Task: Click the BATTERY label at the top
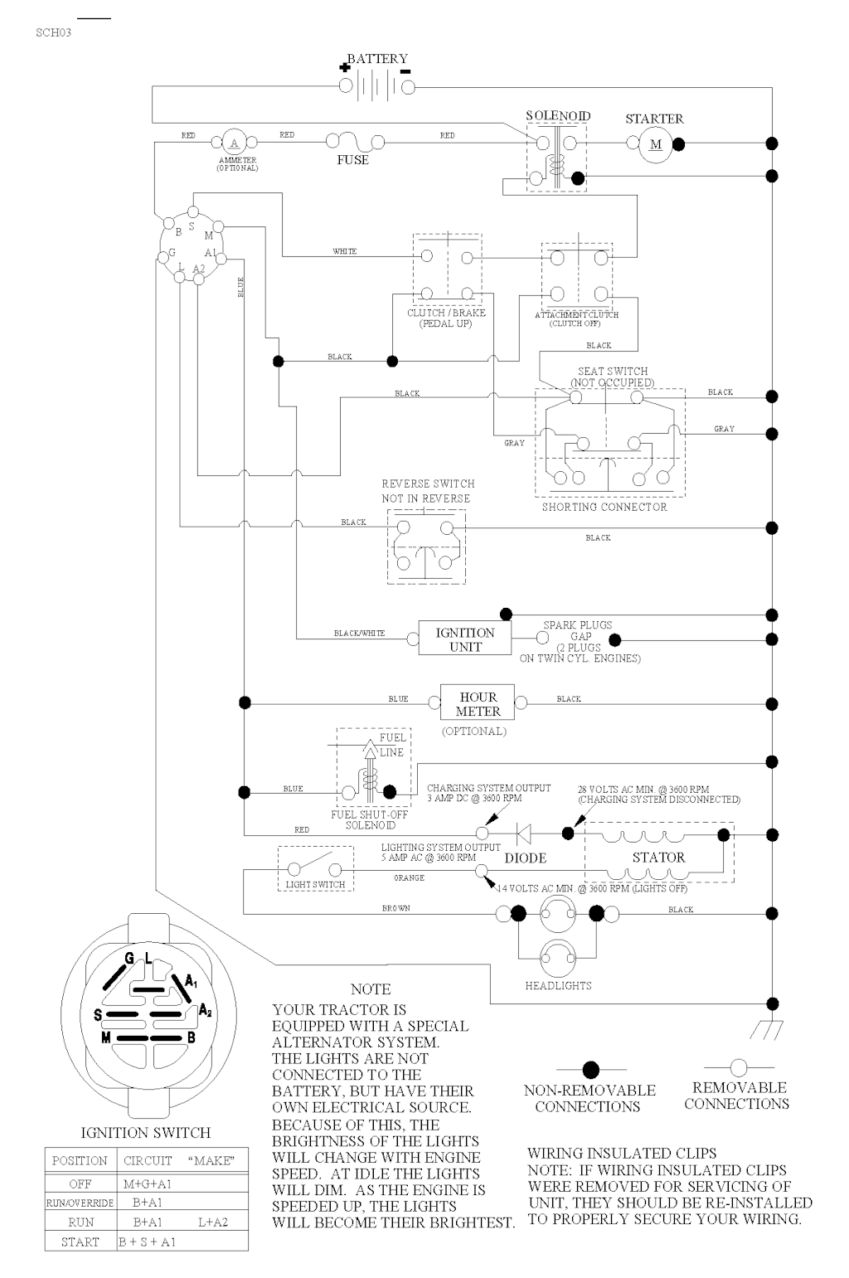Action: [377, 59]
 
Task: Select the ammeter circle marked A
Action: [235, 143]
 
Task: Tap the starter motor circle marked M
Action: [655, 144]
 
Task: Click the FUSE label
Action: [352, 159]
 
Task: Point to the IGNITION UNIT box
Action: [464, 639]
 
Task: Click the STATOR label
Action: [658, 858]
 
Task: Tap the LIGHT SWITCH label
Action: [315, 885]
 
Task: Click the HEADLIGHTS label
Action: [558, 986]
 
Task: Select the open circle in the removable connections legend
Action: [738, 1067]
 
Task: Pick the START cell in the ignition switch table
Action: [80, 1242]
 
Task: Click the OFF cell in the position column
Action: [80, 1184]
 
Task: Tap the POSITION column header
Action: [80, 1161]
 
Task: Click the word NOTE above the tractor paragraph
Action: [371, 989]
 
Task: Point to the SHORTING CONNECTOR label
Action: [604, 507]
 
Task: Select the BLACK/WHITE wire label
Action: [359, 634]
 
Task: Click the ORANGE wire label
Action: [409, 877]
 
